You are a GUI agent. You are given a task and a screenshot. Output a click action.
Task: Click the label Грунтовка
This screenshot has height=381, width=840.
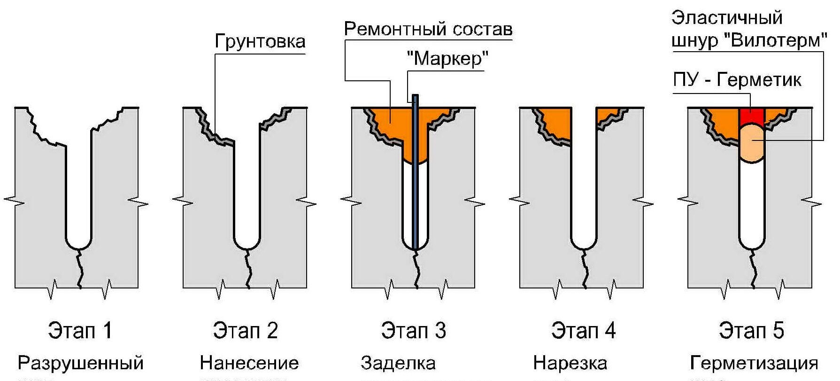click(260, 41)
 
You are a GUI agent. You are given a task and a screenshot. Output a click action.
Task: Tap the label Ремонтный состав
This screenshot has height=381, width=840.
click(428, 30)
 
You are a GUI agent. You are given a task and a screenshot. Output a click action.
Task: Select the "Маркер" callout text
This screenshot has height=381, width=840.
click(447, 59)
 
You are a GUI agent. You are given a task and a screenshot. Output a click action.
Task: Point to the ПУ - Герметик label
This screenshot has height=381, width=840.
click(737, 80)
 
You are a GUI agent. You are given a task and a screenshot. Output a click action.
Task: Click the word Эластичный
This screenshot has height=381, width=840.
click(727, 18)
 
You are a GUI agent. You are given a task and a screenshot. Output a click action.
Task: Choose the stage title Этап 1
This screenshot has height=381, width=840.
click(80, 330)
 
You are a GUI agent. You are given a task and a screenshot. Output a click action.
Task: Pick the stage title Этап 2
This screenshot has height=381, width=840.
click(246, 330)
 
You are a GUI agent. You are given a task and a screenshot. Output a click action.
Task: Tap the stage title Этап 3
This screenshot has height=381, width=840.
click(414, 330)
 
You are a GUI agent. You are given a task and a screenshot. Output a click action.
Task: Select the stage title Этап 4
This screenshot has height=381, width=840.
click(583, 330)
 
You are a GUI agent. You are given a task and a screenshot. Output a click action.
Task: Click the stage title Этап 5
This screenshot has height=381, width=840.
click(751, 330)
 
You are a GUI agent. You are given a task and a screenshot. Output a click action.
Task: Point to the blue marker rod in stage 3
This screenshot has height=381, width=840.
click(415, 188)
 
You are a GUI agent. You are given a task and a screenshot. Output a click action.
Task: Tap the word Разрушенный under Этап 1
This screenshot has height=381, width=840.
click(80, 363)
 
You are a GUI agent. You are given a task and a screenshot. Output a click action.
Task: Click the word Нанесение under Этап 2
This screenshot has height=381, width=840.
click(249, 363)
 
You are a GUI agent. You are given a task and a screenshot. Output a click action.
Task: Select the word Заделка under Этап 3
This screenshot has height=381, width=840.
click(398, 363)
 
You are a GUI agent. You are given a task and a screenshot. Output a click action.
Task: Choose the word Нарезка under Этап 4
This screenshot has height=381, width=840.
click(570, 363)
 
